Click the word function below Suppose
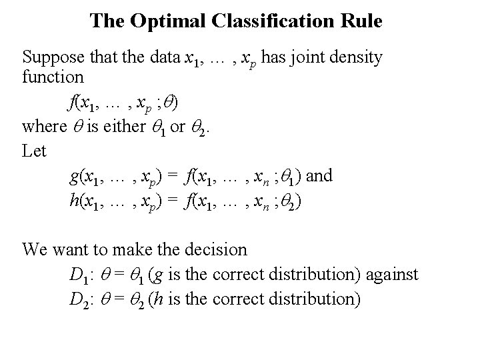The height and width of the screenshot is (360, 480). pos(53,77)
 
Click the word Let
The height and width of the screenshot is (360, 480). pos(34,150)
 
